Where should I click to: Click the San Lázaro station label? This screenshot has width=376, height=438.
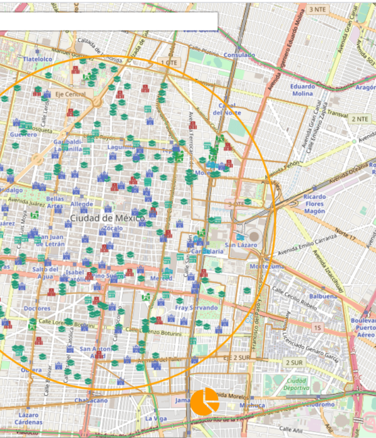coord(241,245)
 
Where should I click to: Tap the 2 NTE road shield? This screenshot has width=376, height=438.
coord(360,119)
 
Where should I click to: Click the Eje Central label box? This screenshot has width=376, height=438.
coord(70,94)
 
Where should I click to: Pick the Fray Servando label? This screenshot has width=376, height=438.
coord(196,308)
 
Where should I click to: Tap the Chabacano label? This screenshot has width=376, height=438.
coord(91,400)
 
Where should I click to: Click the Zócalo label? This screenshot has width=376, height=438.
coord(113,229)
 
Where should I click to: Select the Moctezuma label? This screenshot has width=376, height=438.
coord(267,267)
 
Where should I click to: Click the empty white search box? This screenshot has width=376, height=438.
coord(108,21)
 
